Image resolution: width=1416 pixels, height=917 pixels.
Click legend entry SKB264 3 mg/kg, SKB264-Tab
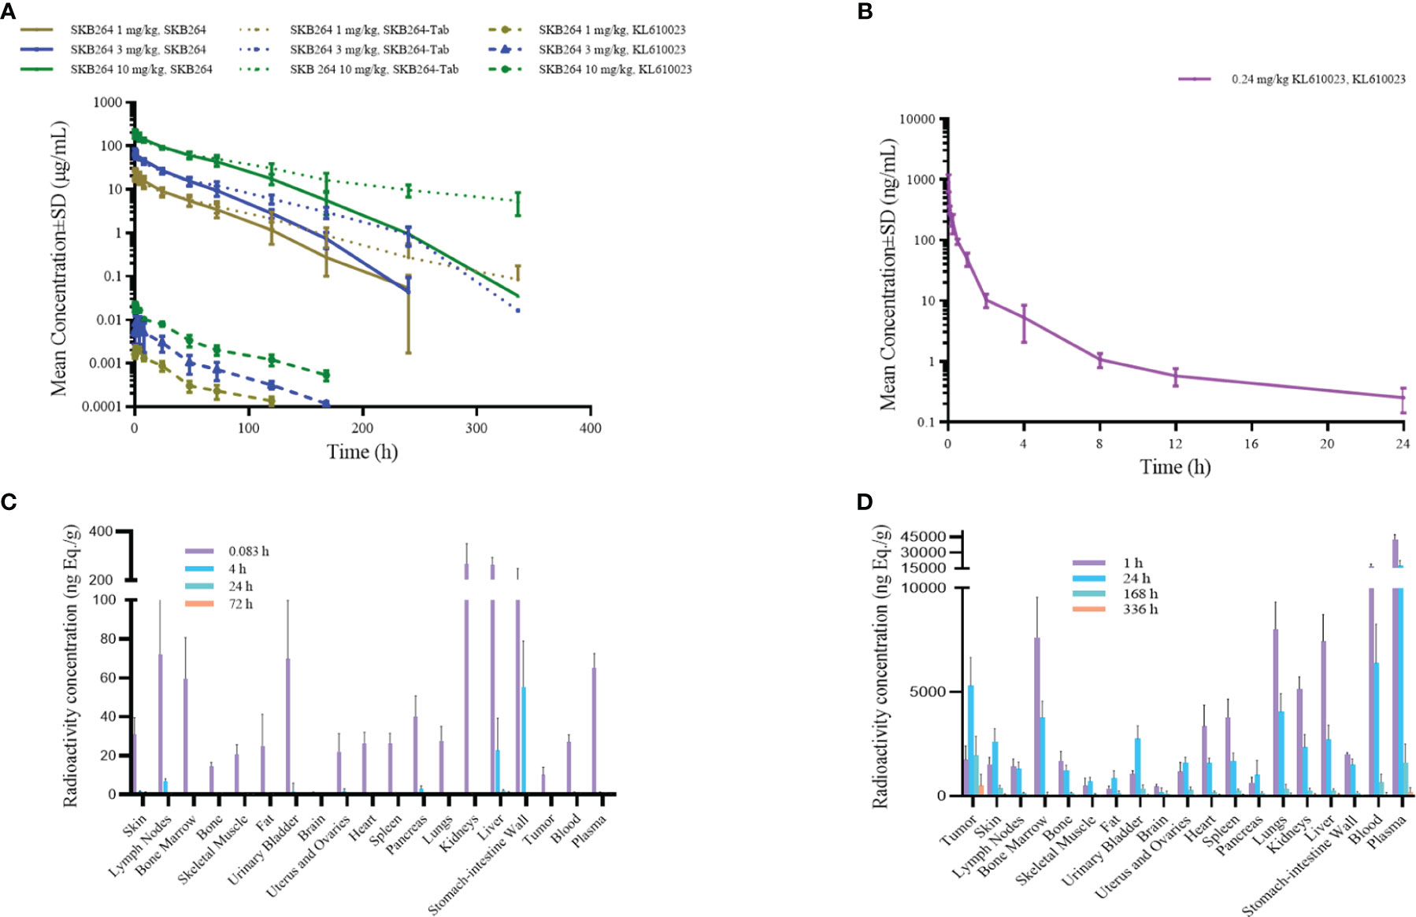pyautogui.click(x=369, y=50)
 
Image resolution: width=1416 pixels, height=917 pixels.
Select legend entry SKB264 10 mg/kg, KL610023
pyautogui.click(x=614, y=69)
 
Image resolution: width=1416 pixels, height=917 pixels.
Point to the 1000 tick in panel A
pyautogui.click(x=107, y=102)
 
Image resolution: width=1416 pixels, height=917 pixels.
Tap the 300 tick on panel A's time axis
pyautogui.click(x=476, y=428)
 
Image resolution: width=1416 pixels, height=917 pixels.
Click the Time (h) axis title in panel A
pyautogui.click(x=362, y=452)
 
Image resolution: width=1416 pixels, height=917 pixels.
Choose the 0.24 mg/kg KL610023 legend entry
pyautogui.click(x=1318, y=79)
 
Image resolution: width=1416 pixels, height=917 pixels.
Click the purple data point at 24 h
pyautogui.click(x=1403, y=397)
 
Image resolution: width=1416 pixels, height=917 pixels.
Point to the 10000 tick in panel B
pyautogui.click(x=917, y=120)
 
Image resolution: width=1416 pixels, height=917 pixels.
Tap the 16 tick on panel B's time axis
pyautogui.click(x=1251, y=444)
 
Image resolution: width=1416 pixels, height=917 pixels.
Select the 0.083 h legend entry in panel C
pyautogui.click(x=248, y=551)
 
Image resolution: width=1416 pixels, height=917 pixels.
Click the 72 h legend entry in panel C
pyautogui.click(x=240, y=605)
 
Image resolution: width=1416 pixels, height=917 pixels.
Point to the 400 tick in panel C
pyautogui.click(x=101, y=531)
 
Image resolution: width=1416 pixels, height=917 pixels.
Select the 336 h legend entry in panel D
pyautogui.click(x=1140, y=609)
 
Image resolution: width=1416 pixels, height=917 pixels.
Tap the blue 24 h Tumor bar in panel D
pyautogui.click(x=971, y=740)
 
